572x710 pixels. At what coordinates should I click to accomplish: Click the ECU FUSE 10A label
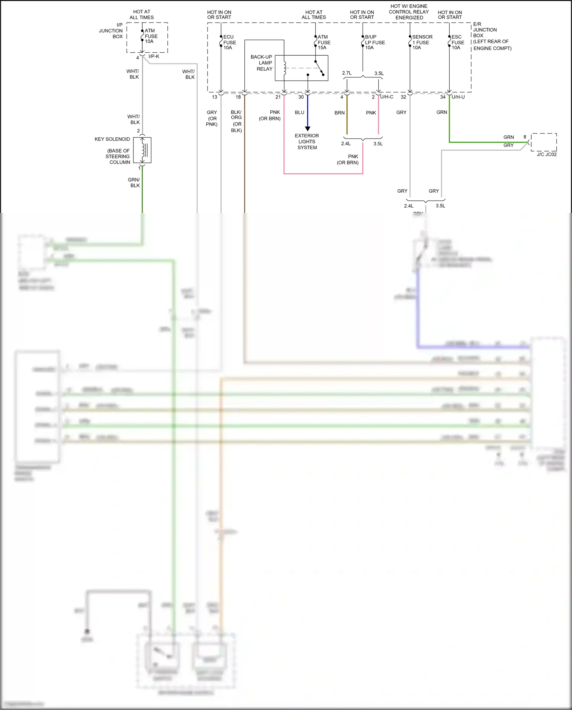(x=229, y=42)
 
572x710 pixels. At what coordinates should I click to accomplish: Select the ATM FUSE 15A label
(x=324, y=42)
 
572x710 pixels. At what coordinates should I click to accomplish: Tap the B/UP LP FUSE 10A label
(x=374, y=42)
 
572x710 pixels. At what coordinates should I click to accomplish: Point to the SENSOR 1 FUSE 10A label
(x=422, y=42)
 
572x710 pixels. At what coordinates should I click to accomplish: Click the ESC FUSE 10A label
(x=458, y=42)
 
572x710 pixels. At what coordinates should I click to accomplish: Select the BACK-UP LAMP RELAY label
(x=262, y=63)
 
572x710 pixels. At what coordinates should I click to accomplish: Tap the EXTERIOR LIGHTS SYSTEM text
(x=307, y=142)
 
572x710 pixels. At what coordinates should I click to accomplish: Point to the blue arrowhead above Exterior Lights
(x=307, y=129)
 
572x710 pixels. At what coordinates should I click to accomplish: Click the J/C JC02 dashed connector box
(x=544, y=142)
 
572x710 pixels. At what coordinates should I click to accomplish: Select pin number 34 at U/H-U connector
(x=443, y=97)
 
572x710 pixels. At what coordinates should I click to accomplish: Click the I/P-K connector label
(x=154, y=56)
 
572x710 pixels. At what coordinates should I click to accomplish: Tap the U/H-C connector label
(x=387, y=97)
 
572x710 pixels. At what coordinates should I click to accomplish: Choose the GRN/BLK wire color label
(x=134, y=183)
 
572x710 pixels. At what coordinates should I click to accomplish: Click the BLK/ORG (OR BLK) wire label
(x=236, y=121)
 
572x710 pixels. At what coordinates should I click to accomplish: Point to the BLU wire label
(x=299, y=113)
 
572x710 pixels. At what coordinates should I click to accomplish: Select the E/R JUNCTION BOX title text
(x=485, y=30)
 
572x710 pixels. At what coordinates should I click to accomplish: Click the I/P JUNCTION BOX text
(x=111, y=31)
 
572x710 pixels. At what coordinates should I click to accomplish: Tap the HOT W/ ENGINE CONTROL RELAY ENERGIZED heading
(x=409, y=12)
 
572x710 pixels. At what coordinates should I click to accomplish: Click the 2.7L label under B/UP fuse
(x=347, y=73)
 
